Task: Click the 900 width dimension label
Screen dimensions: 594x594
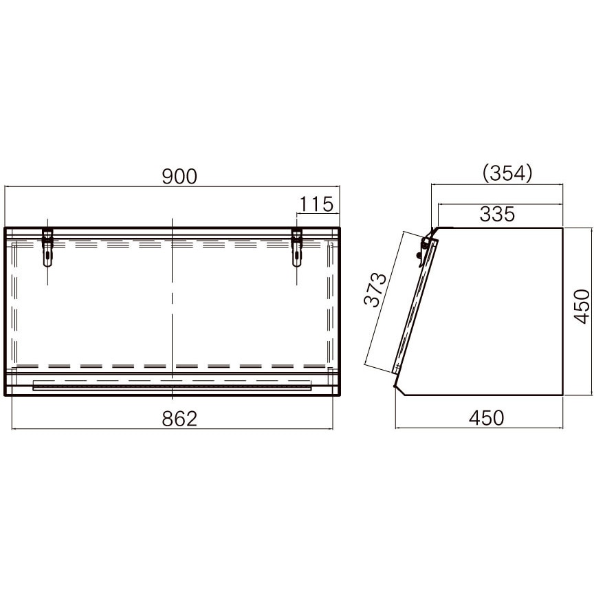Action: pos(179,177)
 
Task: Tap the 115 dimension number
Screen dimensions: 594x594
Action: pos(316,204)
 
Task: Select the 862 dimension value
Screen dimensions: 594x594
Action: pos(179,419)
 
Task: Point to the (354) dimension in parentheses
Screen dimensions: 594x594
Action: pos(507,173)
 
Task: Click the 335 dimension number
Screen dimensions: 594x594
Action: pos(497,214)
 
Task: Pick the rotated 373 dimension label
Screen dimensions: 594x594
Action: pos(375,289)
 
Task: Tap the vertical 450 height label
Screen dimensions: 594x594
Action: pos(582,306)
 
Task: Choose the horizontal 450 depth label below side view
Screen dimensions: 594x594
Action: pos(487,418)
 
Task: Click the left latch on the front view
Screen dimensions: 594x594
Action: pos(47,247)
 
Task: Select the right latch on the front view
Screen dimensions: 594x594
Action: pos(296,247)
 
